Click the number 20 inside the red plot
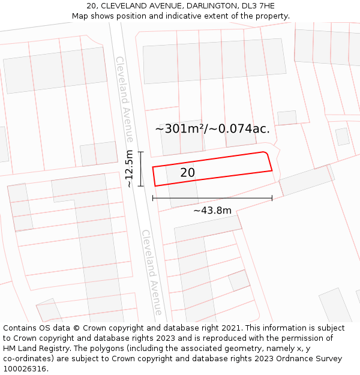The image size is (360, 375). [187, 173]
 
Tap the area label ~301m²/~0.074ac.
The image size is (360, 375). [212, 128]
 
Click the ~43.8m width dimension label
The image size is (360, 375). [212, 210]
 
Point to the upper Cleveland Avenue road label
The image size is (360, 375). [125, 99]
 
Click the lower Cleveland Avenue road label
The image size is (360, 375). [152, 272]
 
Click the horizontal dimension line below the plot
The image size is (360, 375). [212, 197]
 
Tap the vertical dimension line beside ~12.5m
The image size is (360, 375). [140, 169]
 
